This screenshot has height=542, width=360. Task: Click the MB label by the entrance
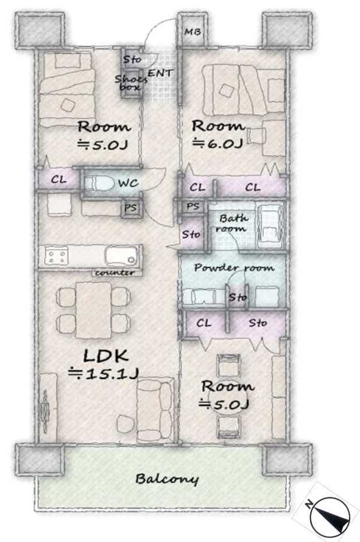pos(192,32)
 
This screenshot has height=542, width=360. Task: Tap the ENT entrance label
pos(160,73)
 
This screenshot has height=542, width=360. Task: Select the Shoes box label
pos(130,83)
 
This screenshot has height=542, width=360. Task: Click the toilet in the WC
pos(100,183)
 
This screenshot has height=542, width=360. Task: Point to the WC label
pos(128,183)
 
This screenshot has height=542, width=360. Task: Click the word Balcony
pos(167,479)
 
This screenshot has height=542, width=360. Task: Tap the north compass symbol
pos(329,516)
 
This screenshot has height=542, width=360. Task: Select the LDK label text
pos(106,356)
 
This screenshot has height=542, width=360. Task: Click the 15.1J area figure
pos(104,374)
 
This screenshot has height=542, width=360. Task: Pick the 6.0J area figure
pos(217,143)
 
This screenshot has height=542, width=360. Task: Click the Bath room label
pos(232,224)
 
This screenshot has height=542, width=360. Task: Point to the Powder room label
pos(234,268)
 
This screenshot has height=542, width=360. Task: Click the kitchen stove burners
pos(56,257)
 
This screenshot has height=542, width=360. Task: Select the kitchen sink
pos(121,256)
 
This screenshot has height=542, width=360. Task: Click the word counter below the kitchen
pos(115,272)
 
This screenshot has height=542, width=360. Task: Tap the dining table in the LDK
pos(93,310)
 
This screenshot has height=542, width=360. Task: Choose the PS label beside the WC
pos(130,208)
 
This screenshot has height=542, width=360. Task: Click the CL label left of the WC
pos(59,180)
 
